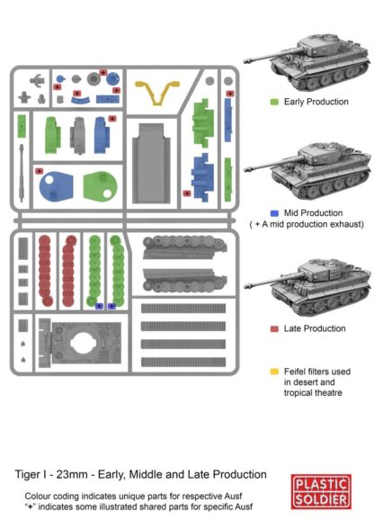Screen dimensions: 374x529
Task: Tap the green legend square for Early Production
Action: pos(274,102)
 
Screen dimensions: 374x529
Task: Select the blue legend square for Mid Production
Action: pos(274,213)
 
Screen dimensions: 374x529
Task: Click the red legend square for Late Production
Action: pos(274,328)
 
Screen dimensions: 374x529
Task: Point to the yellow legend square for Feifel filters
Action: pos(274,372)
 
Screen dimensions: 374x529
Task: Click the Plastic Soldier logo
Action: pos(321,491)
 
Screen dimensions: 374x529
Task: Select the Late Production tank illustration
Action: pos(307,288)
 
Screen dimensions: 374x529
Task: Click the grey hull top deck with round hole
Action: pos(80,343)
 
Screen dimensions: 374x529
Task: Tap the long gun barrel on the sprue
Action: pos(22,173)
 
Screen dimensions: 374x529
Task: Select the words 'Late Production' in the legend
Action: pos(315,328)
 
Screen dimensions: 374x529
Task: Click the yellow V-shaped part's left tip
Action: pos(137,84)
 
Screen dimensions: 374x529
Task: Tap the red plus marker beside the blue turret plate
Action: pos(40,171)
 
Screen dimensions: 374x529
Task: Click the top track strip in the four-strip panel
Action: pos(183,308)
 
